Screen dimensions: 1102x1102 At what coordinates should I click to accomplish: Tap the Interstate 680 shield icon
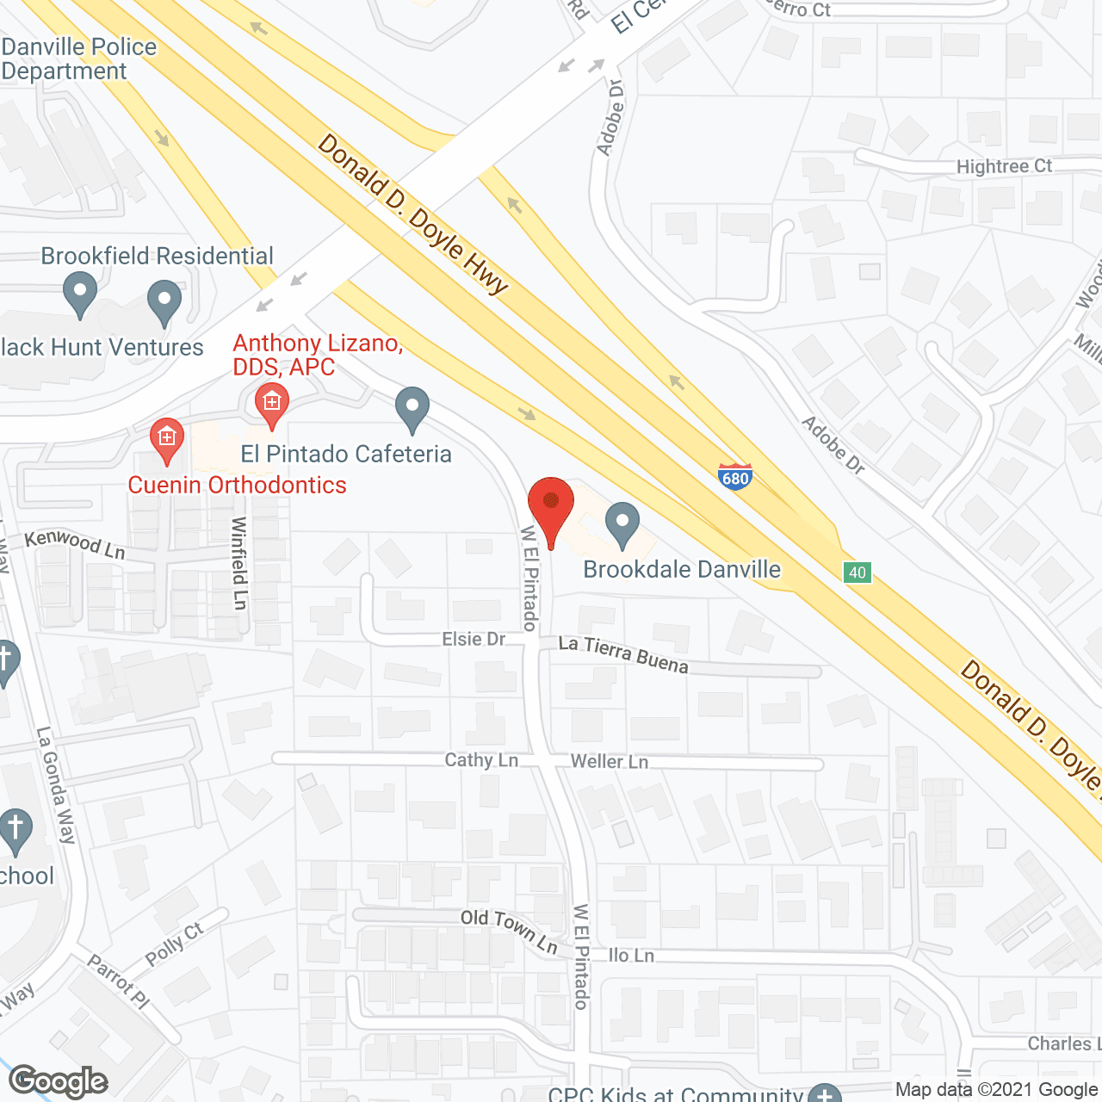735,476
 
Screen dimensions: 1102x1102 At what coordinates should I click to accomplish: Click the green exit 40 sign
857,573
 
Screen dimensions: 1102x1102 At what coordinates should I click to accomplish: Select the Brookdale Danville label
682,569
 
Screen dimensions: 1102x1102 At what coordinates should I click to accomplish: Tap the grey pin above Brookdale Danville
622,524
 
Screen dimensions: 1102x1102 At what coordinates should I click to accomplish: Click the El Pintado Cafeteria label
346,454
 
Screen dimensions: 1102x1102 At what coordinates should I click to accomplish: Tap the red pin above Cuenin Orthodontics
166,440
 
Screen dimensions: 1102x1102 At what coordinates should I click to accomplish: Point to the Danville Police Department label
78,59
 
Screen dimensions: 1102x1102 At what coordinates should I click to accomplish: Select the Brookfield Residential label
157,256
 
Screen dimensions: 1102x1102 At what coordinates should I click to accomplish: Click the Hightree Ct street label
1004,165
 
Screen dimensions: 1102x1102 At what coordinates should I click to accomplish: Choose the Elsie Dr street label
474,639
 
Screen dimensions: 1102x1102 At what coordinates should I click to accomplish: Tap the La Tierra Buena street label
623,653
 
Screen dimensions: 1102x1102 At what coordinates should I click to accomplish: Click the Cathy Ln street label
481,759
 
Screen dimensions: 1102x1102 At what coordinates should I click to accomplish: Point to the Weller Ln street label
610,761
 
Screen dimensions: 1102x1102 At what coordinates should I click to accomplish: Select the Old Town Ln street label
509,930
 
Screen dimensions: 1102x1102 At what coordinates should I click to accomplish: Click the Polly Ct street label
175,944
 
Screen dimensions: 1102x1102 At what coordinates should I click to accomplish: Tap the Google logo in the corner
59,1080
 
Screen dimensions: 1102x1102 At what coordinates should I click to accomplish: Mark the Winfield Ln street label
239,563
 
